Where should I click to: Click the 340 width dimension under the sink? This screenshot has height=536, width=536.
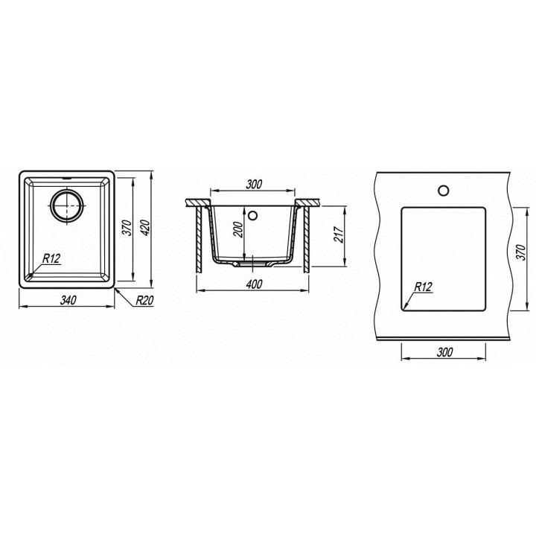[68, 301]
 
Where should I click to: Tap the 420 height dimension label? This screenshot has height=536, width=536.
[146, 228]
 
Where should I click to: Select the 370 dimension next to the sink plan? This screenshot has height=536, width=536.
[127, 228]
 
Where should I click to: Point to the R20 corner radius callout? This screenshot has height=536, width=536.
[144, 301]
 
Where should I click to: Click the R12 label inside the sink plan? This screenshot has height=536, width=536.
[51, 258]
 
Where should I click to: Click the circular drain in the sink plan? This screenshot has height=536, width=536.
[67, 205]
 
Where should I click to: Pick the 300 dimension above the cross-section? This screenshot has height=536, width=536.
[254, 185]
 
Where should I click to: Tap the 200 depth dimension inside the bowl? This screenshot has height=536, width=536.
[239, 230]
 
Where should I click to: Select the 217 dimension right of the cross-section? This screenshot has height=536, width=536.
[339, 234]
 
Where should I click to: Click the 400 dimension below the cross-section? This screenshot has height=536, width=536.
[254, 284]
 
